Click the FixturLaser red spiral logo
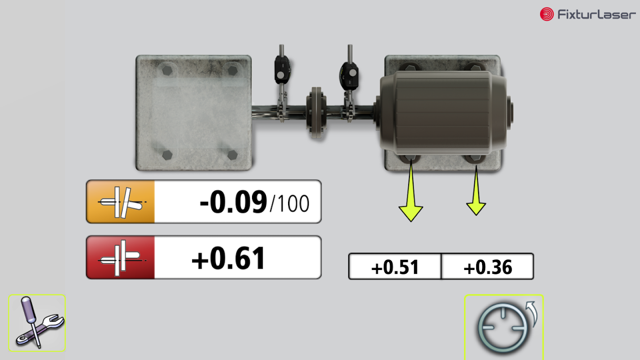coord(546,14)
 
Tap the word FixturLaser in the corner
coord(597,14)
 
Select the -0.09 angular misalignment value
coord(233,202)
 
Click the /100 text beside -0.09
coord(289,204)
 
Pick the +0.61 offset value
coord(228,258)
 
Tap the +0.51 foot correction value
coord(395,267)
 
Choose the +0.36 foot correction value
coord(487,267)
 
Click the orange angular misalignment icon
coord(121,202)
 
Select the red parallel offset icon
coord(121,257)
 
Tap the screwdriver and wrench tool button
coord(37,323)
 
